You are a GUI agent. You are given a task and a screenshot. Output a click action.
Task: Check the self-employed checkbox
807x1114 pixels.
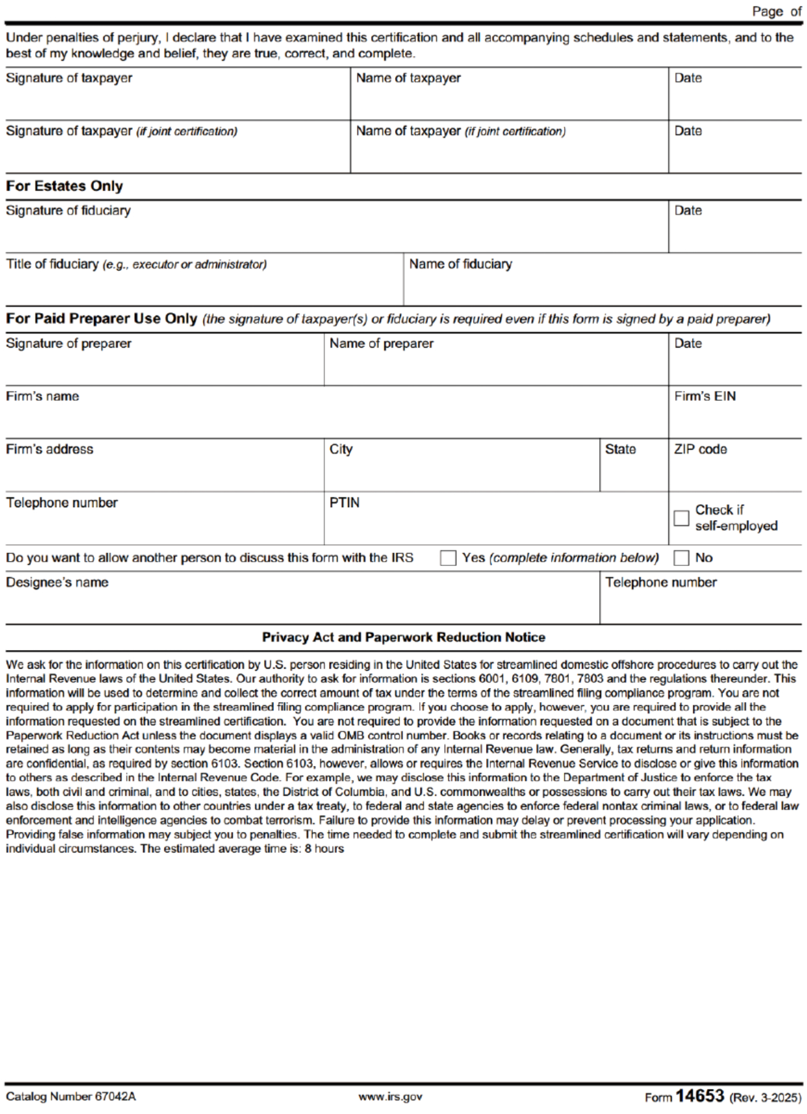(681, 518)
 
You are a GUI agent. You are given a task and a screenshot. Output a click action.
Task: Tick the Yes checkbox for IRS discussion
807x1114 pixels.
(448, 558)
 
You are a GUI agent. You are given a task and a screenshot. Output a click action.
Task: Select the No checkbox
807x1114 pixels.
(681, 558)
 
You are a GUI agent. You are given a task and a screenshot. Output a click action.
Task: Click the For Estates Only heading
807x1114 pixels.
(64, 186)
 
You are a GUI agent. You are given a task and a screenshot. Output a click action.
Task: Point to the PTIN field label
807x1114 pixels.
(344, 503)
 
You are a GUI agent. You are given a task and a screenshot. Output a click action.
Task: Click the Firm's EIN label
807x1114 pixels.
(704, 396)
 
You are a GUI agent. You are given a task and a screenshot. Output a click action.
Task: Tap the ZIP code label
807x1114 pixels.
(700, 450)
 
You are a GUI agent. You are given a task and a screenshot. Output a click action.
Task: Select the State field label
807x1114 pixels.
(620, 450)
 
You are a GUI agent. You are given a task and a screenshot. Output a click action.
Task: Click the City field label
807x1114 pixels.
(341, 450)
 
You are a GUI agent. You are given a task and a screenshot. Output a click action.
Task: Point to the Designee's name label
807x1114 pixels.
(57, 583)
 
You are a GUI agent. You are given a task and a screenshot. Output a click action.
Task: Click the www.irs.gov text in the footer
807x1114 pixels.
(390, 1097)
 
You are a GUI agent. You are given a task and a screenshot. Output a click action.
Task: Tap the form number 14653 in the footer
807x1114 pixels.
(699, 1095)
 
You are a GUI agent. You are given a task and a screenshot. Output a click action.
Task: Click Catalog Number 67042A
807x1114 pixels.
(70, 1097)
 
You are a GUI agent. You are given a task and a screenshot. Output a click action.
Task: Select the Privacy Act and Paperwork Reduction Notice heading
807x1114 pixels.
(403, 638)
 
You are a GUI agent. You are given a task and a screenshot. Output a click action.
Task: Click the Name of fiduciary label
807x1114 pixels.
(460, 264)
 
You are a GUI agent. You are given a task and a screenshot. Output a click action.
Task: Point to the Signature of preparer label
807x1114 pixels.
(69, 344)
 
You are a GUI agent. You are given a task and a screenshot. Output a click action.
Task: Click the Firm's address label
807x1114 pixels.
(49, 450)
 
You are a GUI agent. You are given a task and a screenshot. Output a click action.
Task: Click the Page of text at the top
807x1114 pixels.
(776, 12)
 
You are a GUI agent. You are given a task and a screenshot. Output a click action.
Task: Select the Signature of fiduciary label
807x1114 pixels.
(68, 211)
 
